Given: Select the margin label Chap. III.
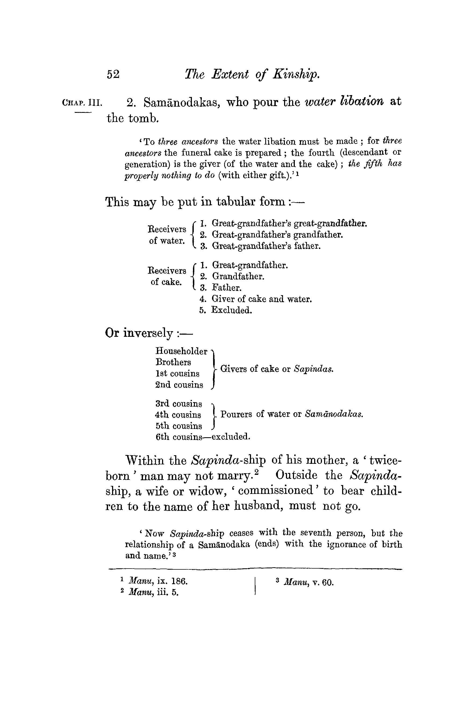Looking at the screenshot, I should [x=82, y=103].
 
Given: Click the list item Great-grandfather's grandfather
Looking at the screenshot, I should [x=277, y=235].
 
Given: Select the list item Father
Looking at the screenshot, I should [x=227, y=288].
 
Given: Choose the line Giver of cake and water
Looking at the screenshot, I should [x=261, y=299].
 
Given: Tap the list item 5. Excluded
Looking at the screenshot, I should [x=226, y=310].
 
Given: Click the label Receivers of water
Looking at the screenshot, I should [x=167, y=235].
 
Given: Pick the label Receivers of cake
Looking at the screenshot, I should [x=167, y=276].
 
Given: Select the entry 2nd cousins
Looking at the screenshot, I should [x=179, y=385].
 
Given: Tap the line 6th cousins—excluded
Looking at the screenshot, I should [x=203, y=437].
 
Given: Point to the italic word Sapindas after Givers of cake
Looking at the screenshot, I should [x=314, y=369].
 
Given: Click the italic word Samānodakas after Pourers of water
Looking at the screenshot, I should [x=334, y=414].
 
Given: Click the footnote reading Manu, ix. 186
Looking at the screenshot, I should [x=157, y=581].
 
